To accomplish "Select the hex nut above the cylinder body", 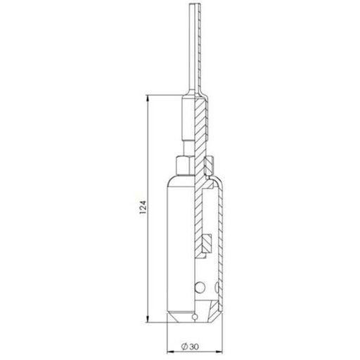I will [x=184, y=165].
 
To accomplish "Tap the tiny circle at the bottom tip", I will [x=192, y=318].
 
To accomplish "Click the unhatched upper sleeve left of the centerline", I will [x=188, y=120].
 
